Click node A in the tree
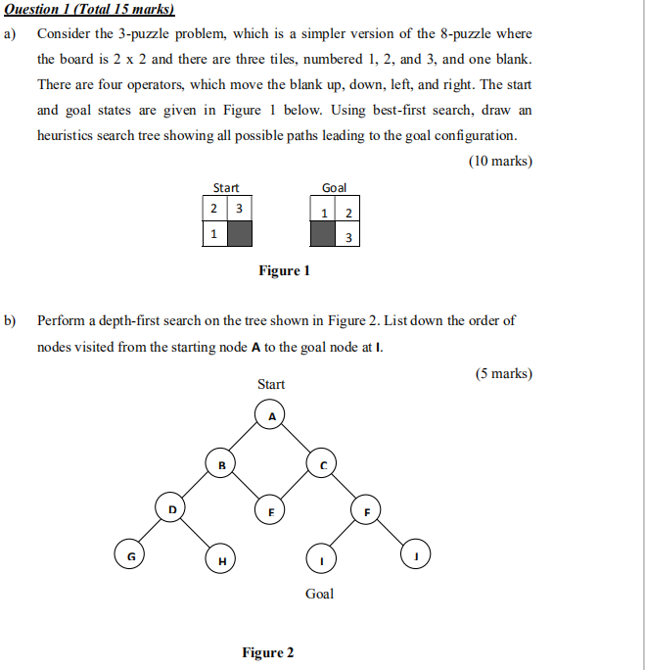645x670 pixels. pyautogui.click(x=272, y=415)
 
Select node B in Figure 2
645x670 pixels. pyautogui.click(x=220, y=462)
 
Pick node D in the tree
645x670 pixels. pyautogui.click(x=171, y=509)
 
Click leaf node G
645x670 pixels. pyautogui.click(x=127, y=555)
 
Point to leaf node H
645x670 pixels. pyautogui.click(x=220, y=559)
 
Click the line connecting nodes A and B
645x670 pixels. pyautogui.click(x=247, y=439)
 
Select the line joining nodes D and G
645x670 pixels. pyautogui.click(x=149, y=533)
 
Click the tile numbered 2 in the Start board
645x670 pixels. pyautogui.click(x=213, y=210)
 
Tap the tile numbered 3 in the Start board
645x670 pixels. pyautogui.click(x=239, y=210)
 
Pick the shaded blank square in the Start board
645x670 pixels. pyautogui.click(x=239, y=234)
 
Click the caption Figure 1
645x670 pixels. pyautogui.click(x=284, y=270)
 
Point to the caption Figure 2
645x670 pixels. pyautogui.click(x=268, y=652)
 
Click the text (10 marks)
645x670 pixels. pyautogui.click(x=500, y=161)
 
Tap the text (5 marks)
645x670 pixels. pyautogui.click(x=503, y=374)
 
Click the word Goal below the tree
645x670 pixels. pyautogui.click(x=319, y=594)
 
